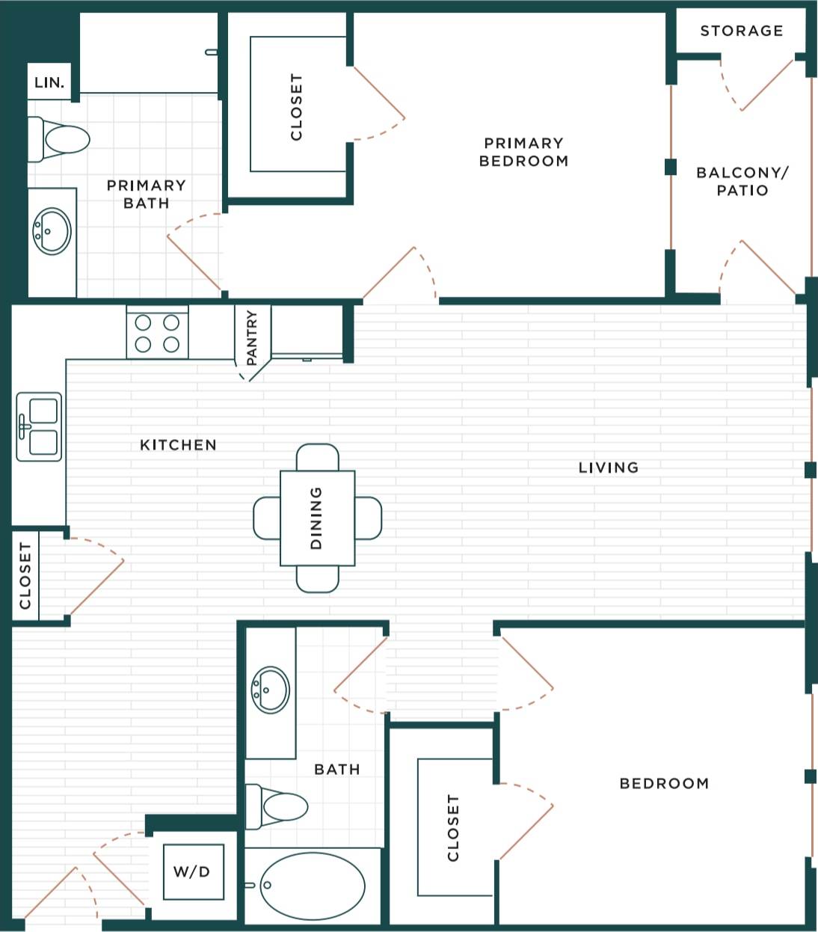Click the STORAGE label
[x=741, y=31]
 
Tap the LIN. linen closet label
[x=49, y=83]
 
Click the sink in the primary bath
[x=52, y=231]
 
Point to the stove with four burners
[x=157, y=333]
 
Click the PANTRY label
[x=252, y=338]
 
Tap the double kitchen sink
[x=39, y=426]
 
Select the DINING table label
[x=316, y=518]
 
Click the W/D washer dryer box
[x=192, y=871]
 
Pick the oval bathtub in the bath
[x=313, y=886]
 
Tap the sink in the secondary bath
[x=271, y=690]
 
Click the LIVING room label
[x=608, y=467]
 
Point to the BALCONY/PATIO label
[x=742, y=181]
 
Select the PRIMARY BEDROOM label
[x=523, y=152]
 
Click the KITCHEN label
[x=178, y=445]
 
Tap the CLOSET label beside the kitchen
[x=25, y=576]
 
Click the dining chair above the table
[x=317, y=456]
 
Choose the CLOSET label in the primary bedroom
[x=296, y=106]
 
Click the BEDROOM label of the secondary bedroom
[x=664, y=783]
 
